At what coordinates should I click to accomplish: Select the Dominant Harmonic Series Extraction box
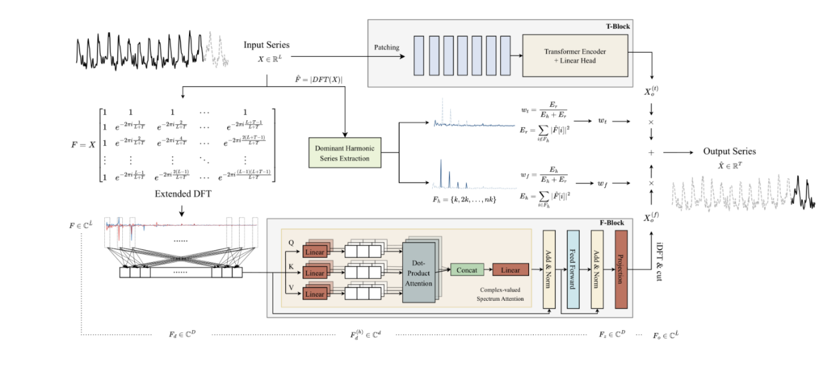pos(344,152)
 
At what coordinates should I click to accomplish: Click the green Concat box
pos(467,269)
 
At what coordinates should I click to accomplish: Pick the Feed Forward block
pos(572,269)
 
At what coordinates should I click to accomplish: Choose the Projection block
pos(621,269)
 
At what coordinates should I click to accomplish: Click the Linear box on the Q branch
pos(315,252)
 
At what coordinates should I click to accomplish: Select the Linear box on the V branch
pos(315,293)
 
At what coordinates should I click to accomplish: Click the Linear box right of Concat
pos(510,269)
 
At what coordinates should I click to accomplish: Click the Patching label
pos(387,47)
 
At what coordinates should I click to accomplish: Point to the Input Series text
pos(267,45)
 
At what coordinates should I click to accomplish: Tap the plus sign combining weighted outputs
pos(651,153)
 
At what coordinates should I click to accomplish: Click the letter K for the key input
pos(291,265)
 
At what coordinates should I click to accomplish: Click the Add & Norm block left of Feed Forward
pos(549,269)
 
